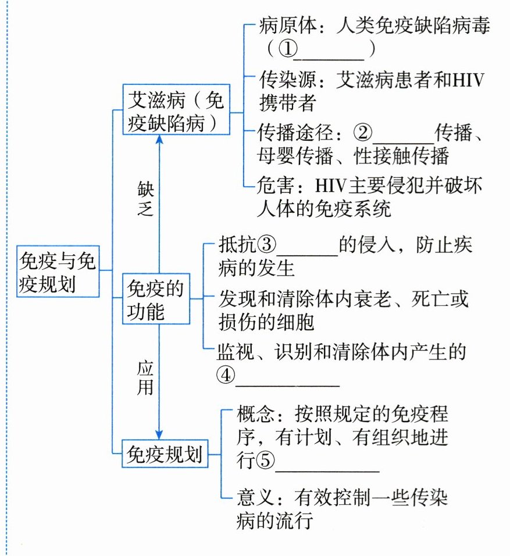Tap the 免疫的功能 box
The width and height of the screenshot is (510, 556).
click(154, 299)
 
